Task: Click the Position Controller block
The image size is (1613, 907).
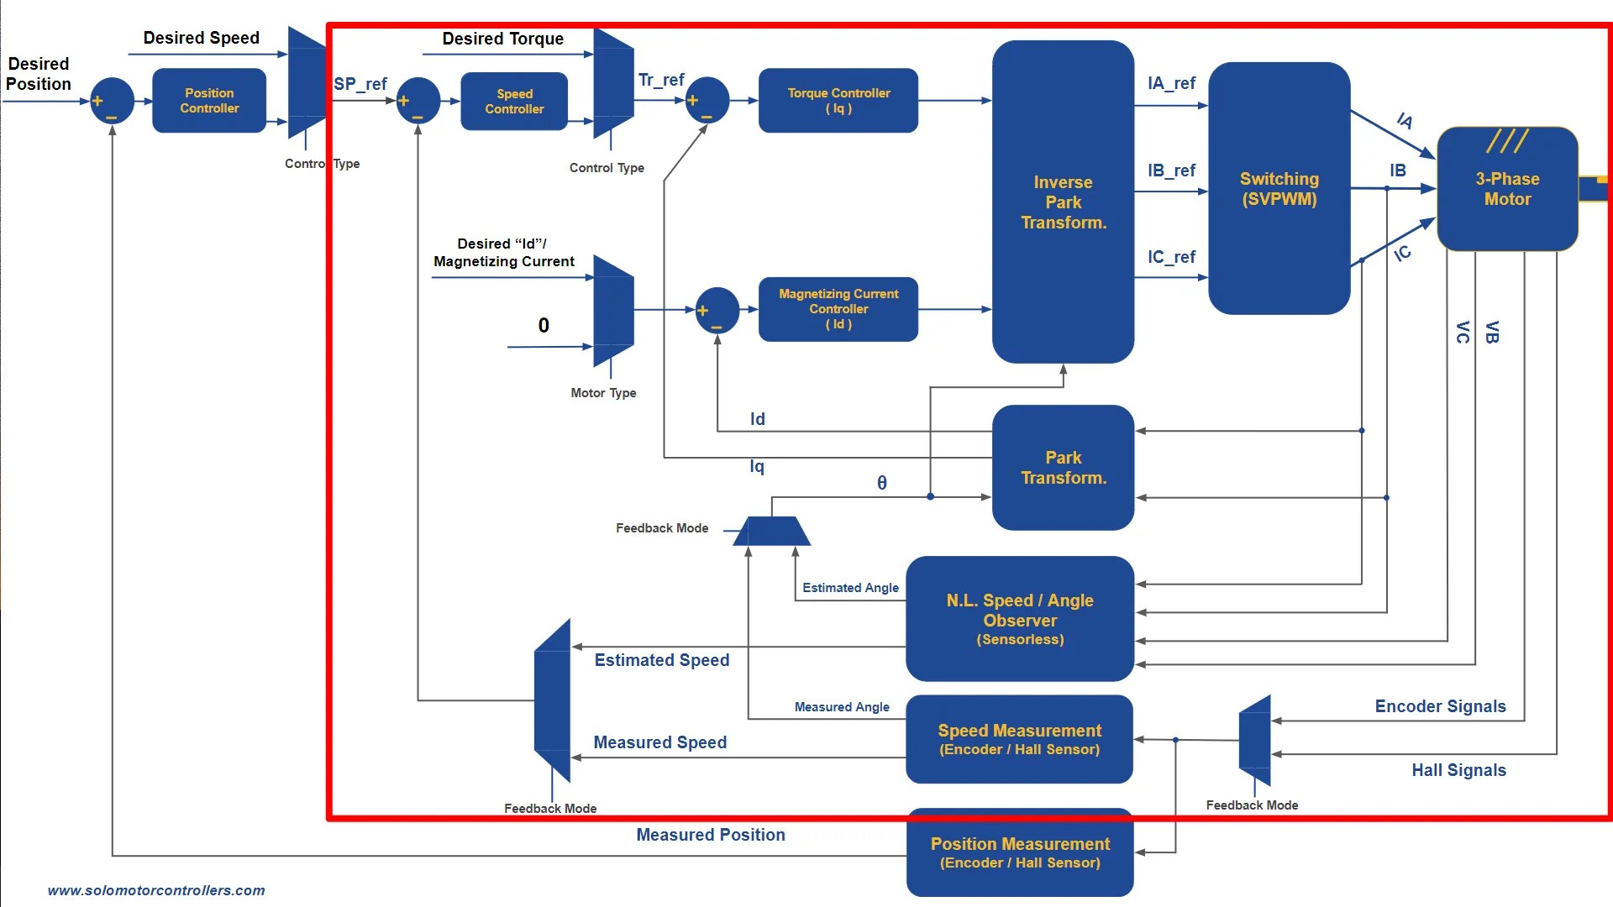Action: click(209, 101)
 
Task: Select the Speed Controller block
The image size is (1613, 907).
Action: click(514, 102)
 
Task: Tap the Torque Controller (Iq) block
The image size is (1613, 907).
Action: click(838, 101)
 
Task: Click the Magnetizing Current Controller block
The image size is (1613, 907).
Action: click(838, 309)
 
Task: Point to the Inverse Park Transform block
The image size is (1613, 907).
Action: click(1063, 202)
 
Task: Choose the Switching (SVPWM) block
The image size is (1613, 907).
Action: click(1279, 189)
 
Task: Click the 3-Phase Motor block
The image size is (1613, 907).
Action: click(1507, 189)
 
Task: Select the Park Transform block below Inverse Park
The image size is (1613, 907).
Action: click(1063, 468)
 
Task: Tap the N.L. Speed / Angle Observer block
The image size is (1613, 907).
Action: click(1019, 619)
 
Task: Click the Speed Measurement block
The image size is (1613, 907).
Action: click(1019, 739)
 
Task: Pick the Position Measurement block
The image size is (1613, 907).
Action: click(1019, 852)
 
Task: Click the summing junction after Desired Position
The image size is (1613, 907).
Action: click(112, 101)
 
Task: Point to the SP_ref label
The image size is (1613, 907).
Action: click(360, 84)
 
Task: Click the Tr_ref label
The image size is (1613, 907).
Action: click(661, 80)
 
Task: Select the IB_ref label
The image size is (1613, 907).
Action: click(1171, 170)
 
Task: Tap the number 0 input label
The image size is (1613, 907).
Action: click(544, 326)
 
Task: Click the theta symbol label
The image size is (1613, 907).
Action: click(881, 483)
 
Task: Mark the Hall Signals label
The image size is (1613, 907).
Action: click(1458, 770)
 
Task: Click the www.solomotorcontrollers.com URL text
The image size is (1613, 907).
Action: click(156, 890)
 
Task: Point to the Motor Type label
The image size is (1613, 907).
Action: click(603, 393)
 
